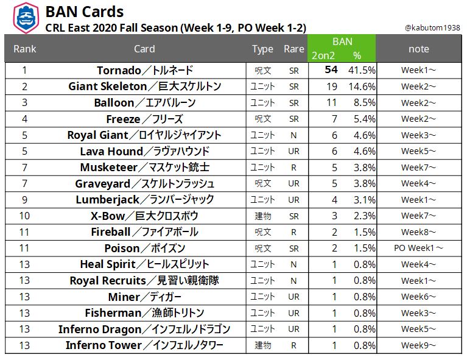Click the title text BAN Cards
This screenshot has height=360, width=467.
[85, 11]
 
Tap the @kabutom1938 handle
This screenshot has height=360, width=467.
[433, 28]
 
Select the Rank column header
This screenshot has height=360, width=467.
[24, 49]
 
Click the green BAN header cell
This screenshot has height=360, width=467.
[342, 41]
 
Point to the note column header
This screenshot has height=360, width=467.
[418, 49]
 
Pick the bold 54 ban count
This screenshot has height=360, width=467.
[331, 70]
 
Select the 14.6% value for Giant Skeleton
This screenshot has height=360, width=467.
[362, 86]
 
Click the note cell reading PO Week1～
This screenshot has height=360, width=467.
[418, 248]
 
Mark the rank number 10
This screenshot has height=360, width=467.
[24, 216]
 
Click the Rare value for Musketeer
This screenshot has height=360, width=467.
[294, 168]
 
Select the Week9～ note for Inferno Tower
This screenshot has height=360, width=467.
[418, 345]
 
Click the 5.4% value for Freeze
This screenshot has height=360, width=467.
[363, 119]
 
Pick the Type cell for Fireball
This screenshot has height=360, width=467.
[262, 232]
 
